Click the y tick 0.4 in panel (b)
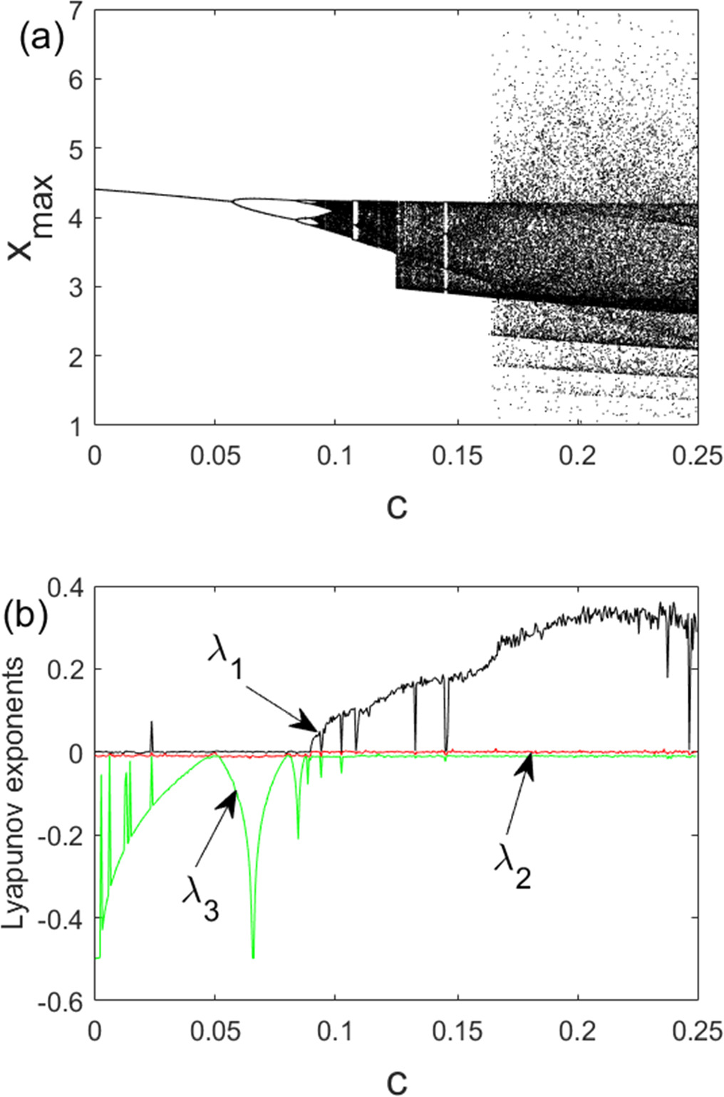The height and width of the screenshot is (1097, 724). pyautogui.click(x=66, y=587)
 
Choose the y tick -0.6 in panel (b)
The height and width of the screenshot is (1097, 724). pyautogui.click(x=61, y=1001)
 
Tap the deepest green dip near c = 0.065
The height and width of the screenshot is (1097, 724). pyautogui.click(x=253, y=957)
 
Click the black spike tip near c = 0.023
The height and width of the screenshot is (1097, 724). pyautogui.click(x=151, y=722)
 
